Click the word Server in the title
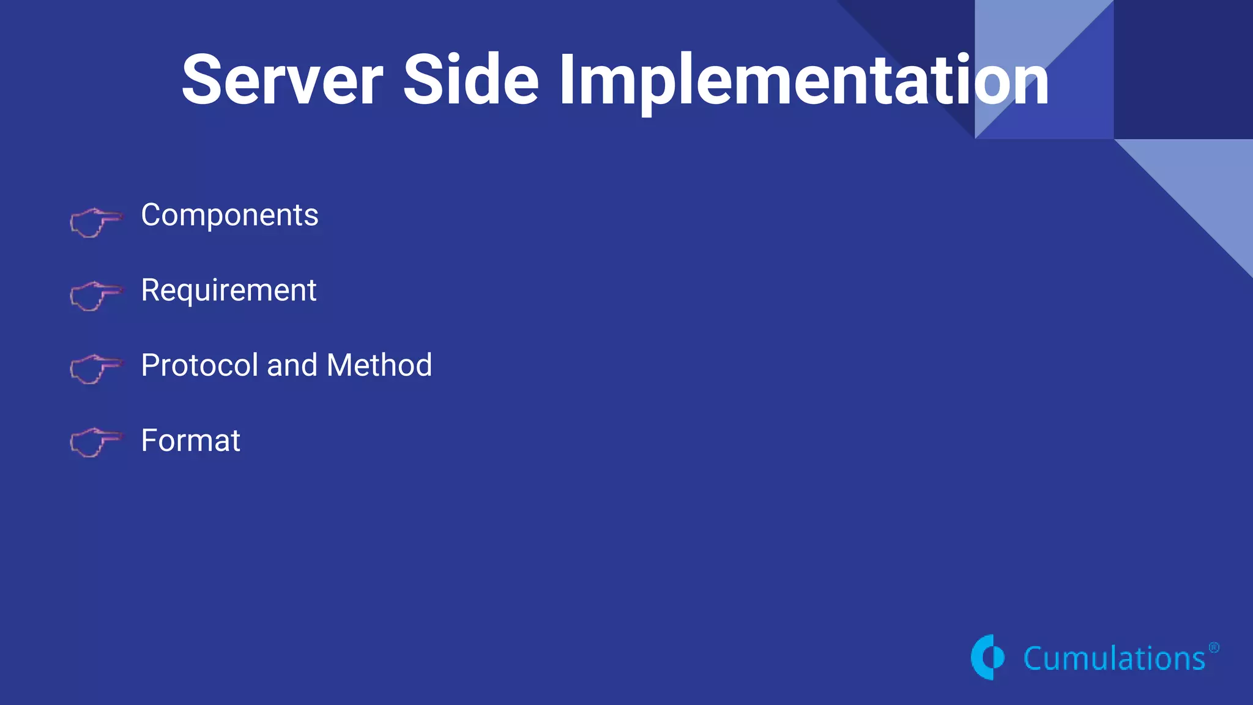pos(283,80)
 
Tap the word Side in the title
pos(470,80)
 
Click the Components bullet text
pos(229,215)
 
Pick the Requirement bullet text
pos(228,291)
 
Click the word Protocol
pos(199,365)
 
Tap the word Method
pos(379,365)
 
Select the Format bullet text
pos(190,441)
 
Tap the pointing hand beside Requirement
pos(95,296)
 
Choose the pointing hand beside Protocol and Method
pos(95,369)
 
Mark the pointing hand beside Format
pos(95,442)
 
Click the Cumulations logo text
pos(1114,659)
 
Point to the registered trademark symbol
pos(1214,647)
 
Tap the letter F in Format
pos(149,441)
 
